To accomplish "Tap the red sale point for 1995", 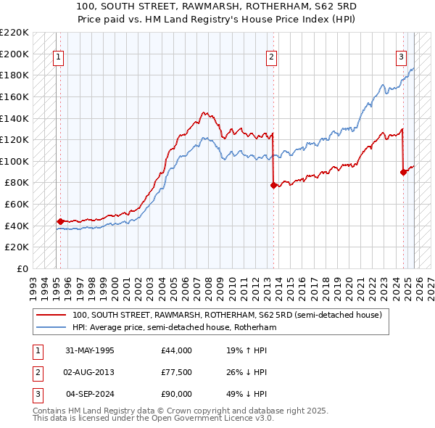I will click(60, 221).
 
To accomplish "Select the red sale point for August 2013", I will click(273, 185).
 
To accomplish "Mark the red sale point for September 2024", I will click(403, 172).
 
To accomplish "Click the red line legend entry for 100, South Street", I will click(231, 316).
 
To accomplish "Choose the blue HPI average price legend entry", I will click(174, 328).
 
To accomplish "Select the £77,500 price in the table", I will click(177, 372).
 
